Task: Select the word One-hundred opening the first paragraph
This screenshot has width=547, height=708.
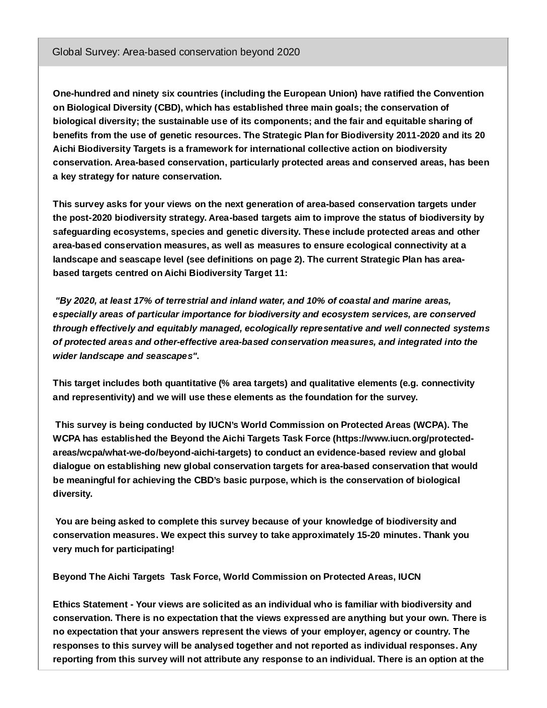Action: click(77, 94)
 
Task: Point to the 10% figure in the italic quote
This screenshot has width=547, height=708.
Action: click(316, 301)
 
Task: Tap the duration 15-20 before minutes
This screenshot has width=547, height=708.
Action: click(369, 535)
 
